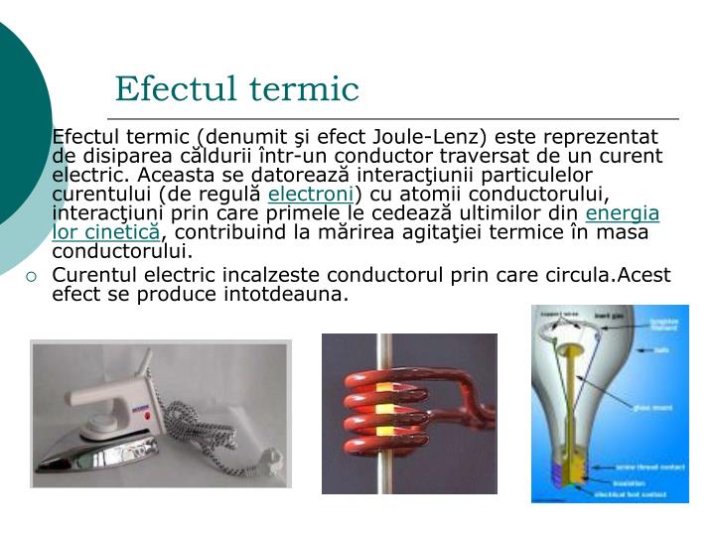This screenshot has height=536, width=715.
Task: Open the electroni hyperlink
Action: pos(311,194)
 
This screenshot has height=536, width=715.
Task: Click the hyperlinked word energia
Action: pos(623,212)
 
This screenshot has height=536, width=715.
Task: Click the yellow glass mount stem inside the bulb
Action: pos(575,387)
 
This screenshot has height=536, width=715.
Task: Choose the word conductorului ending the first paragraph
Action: pos(122,250)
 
